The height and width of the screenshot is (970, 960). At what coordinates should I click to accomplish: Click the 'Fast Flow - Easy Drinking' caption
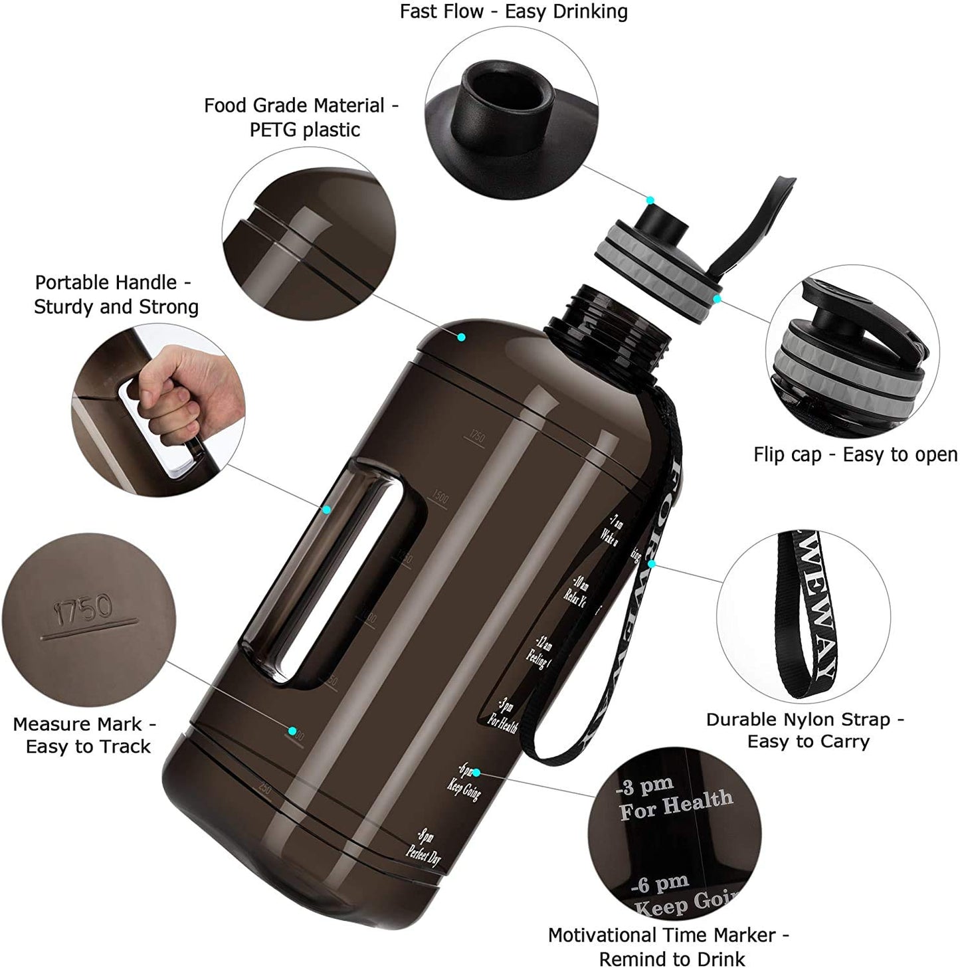[x=513, y=11]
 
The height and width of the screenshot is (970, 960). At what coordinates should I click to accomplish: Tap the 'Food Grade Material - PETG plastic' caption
[x=301, y=117]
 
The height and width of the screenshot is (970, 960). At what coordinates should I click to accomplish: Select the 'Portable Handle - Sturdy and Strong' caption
[x=116, y=294]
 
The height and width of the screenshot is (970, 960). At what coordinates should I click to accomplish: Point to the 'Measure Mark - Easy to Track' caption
[x=84, y=735]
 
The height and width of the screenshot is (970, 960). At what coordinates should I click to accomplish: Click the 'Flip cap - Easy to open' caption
[x=855, y=454]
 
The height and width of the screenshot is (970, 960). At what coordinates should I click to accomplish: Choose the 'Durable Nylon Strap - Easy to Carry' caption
[x=805, y=730]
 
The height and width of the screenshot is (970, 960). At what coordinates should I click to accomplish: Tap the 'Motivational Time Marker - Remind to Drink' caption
[x=668, y=947]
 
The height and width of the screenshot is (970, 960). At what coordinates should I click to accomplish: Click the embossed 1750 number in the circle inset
[x=83, y=609]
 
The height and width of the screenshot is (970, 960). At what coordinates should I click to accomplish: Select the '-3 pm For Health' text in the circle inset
[x=672, y=799]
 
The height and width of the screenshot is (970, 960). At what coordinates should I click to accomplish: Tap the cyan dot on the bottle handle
[x=326, y=510]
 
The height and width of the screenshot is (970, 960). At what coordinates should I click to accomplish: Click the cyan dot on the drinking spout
[x=650, y=200]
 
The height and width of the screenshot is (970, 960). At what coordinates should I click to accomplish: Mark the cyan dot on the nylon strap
[x=652, y=564]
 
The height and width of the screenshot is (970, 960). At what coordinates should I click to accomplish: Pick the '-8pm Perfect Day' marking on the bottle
[x=425, y=846]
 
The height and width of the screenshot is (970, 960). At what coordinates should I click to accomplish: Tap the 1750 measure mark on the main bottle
[x=476, y=437]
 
